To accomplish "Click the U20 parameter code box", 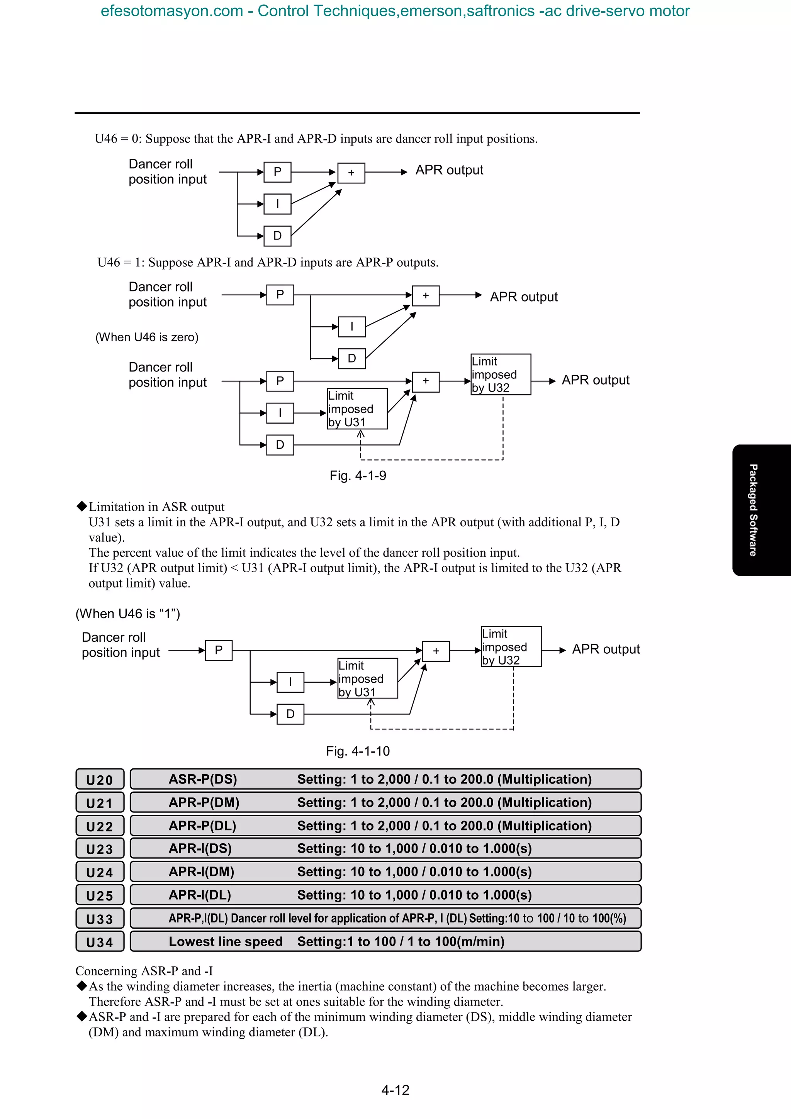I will pyautogui.click(x=100, y=779).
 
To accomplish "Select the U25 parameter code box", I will pyautogui.click(x=100, y=895).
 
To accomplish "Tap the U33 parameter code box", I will pyautogui.click(x=100, y=919).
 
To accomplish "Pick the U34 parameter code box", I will pyautogui.click(x=100, y=942).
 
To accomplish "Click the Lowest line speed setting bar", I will pyautogui.click(x=385, y=942).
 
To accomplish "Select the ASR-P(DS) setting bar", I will pyautogui.click(x=385, y=779).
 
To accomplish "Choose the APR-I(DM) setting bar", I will pyautogui.click(x=385, y=872).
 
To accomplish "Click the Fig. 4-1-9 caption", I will pyautogui.click(x=358, y=476).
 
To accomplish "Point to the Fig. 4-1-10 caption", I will pyautogui.click(x=358, y=751).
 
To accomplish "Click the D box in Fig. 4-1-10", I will pyautogui.click(x=290, y=714).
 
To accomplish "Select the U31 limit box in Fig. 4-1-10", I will pyautogui.click(x=367, y=678).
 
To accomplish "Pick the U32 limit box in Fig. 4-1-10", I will pyautogui.click(x=511, y=647).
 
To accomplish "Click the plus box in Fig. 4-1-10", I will pyautogui.click(x=436, y=651).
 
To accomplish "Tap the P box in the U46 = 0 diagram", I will pyautogui.click(x=277, y=172).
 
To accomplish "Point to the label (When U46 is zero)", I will pyautogui.click(x=147, y=337).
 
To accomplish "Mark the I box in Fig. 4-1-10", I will pyautogui.click(x=290, y=682).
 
